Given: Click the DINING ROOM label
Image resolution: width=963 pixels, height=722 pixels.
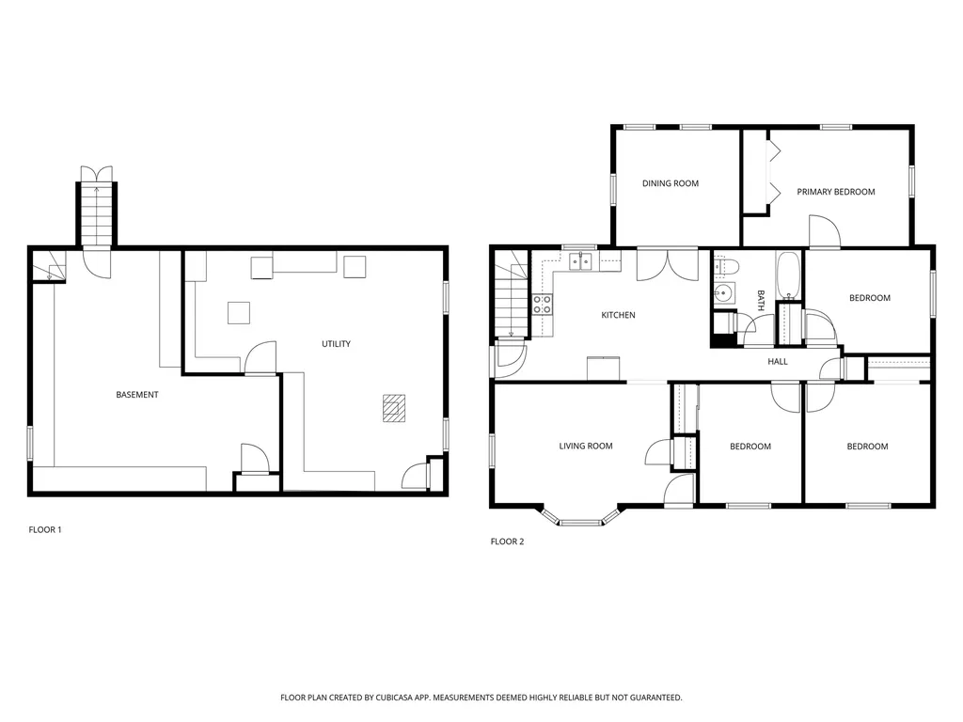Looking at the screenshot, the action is tap(670, 183).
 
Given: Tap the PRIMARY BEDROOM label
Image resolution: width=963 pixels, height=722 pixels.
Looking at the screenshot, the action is tap(836, 192).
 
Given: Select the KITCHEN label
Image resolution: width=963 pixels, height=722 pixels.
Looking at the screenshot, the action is tap(618, 315).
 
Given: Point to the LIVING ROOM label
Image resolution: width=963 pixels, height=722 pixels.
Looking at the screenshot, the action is tap(585, 447).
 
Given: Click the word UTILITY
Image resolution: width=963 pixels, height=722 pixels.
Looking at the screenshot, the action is tap(336, 344).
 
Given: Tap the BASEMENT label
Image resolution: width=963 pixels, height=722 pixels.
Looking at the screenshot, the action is tap(137, 395).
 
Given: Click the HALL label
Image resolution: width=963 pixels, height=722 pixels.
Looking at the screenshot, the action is tap(778, 362).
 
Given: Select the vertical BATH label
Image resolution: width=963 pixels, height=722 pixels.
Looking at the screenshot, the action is tap(761, 300).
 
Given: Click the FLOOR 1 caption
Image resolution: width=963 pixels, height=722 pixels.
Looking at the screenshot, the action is tap(45, 530).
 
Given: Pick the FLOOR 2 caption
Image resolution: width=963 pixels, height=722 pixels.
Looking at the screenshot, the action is tap(507, 541).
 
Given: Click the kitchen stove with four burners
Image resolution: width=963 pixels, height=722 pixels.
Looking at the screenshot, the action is tap(542, 305).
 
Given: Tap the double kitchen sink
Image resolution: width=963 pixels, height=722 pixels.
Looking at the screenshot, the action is tap(580, 261).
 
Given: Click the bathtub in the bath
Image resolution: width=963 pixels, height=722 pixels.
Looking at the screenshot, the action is tap(788, 275).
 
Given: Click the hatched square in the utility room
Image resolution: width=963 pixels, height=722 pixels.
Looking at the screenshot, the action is tap(394, 408).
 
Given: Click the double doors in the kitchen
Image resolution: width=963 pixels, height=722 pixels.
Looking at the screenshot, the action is tap(667, 265).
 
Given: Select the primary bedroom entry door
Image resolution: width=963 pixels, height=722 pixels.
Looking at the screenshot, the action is tap(824, 231).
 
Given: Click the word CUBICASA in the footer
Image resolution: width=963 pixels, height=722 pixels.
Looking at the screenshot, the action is tap(403, 698).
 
